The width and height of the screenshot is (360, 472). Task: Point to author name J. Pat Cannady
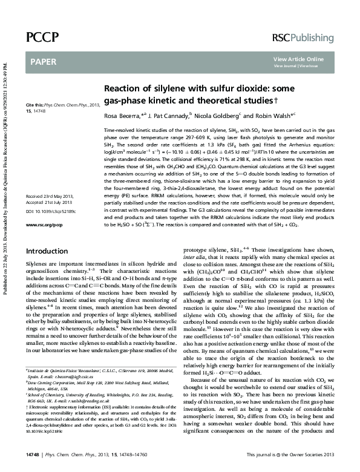point(171,115)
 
